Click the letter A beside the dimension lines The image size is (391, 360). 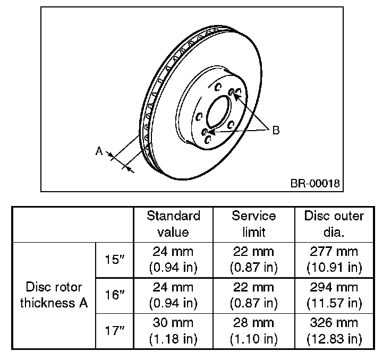[99, 151]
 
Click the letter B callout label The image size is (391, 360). [276, 130]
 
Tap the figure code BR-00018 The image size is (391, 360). [314, 183]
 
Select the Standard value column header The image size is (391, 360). [173, 224]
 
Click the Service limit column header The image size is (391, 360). [254, 224]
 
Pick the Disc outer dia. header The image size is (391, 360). [334, 224]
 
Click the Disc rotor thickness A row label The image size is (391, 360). [54, 295]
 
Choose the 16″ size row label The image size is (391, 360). [114, 295]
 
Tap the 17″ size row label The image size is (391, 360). [114, 331]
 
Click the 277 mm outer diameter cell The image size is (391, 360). [334, 259]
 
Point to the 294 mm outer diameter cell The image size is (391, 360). [334, 295]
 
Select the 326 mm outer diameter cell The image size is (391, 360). [334, 331]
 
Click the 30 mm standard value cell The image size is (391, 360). [173, 331]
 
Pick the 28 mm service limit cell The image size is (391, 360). [254, 331]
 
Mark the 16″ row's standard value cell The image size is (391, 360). [173, 295]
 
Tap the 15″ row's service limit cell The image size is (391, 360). [254, 259]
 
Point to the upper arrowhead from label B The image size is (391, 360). [235, 96]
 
